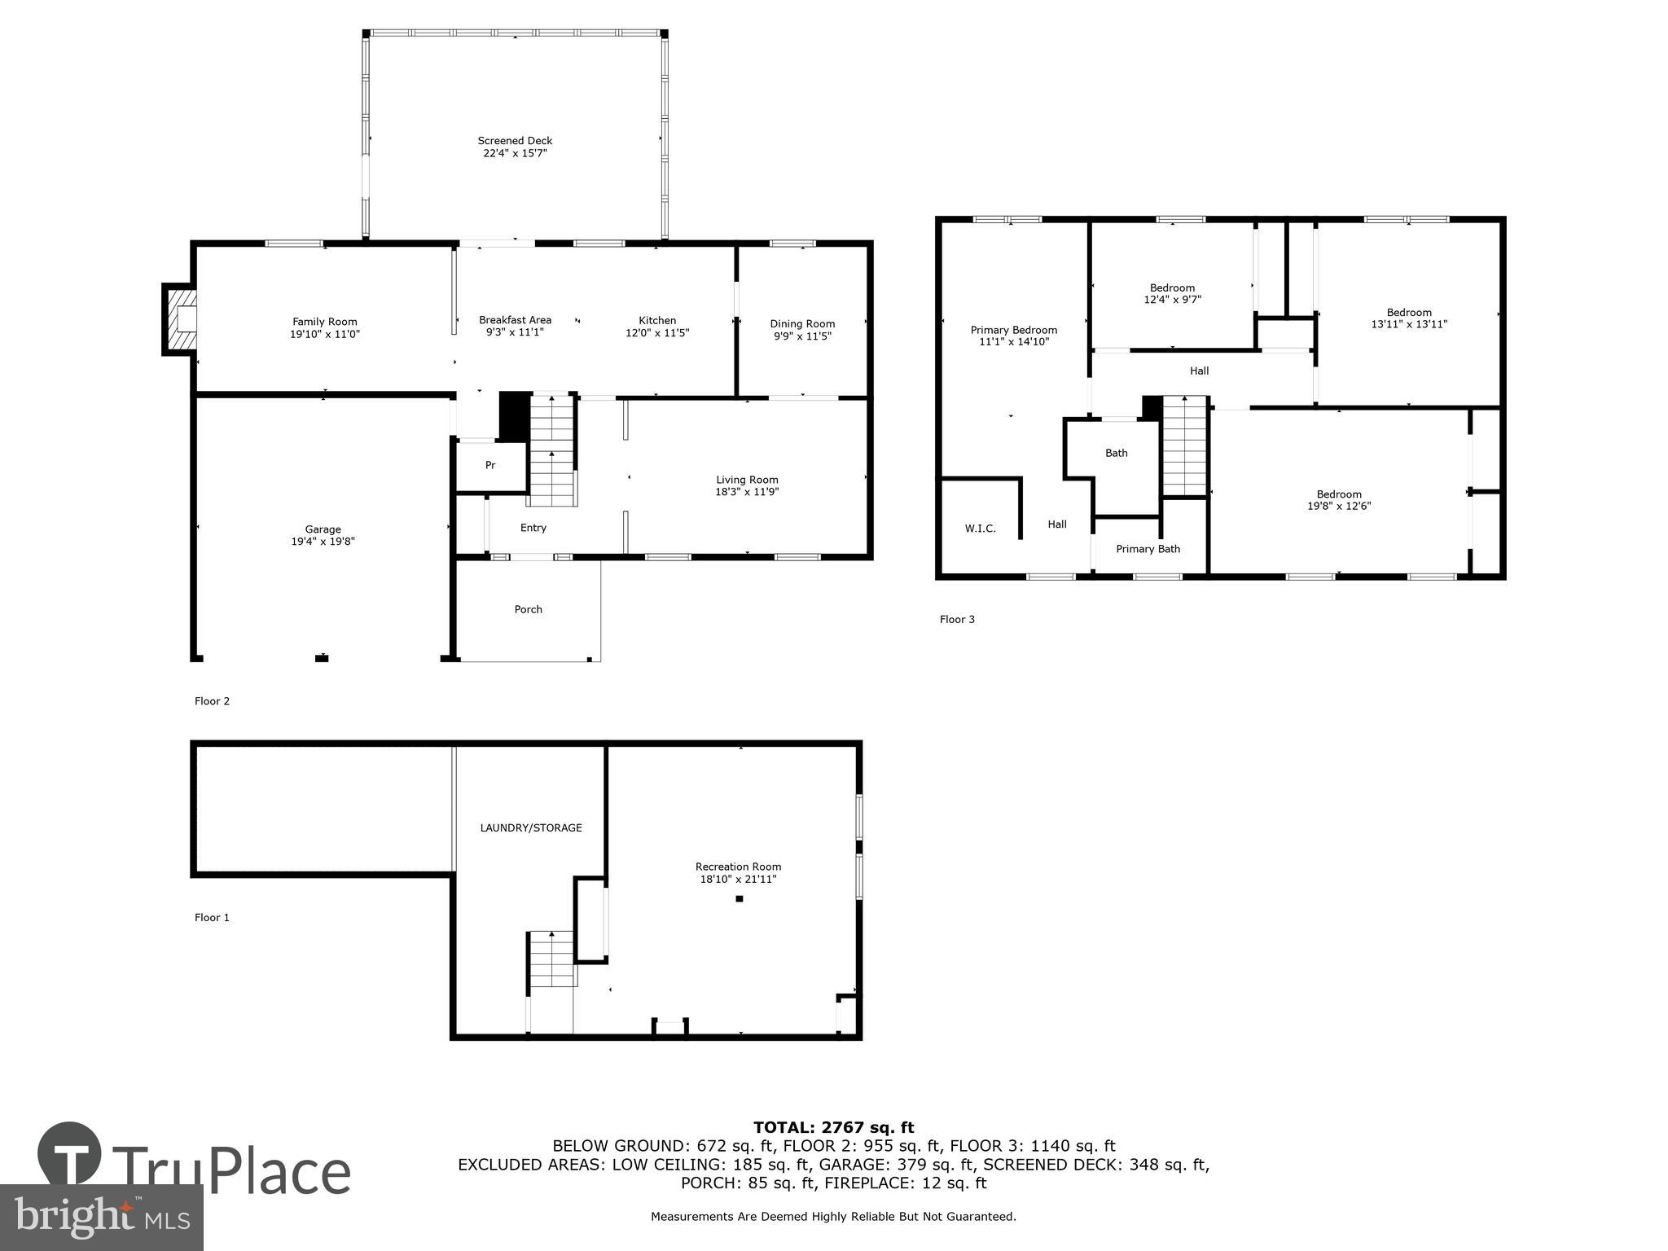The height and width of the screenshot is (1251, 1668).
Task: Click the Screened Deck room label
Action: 515,141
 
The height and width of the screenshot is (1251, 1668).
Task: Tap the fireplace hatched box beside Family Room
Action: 181,318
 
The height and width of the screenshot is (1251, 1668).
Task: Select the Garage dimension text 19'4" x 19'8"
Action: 323,542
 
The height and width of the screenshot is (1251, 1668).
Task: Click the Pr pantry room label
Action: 490,465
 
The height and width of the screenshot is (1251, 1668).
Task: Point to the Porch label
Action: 528,609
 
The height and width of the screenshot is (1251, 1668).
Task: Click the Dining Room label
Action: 802,324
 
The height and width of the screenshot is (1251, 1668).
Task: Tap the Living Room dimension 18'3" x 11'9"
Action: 747,492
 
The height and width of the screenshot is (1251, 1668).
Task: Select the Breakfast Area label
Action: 515,320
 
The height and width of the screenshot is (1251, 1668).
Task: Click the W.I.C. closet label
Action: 980,529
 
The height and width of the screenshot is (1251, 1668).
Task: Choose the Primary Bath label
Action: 1148,549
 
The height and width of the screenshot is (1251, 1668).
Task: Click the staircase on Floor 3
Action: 1183,446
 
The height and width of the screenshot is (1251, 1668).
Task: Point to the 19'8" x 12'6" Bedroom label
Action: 1339,494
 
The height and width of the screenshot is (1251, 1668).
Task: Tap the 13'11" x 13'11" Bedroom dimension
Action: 1409,324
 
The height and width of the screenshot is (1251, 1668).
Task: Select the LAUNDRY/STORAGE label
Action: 531,827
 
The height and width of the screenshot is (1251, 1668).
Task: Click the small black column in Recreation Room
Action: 740,899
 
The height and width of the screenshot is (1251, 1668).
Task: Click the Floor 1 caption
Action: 212,917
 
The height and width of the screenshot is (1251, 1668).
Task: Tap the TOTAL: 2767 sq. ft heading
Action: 833,1128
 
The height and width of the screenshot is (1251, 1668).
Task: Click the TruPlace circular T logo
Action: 69,1153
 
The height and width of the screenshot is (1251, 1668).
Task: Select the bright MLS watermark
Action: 101,1217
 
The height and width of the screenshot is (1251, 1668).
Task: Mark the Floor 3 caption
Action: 957,619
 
